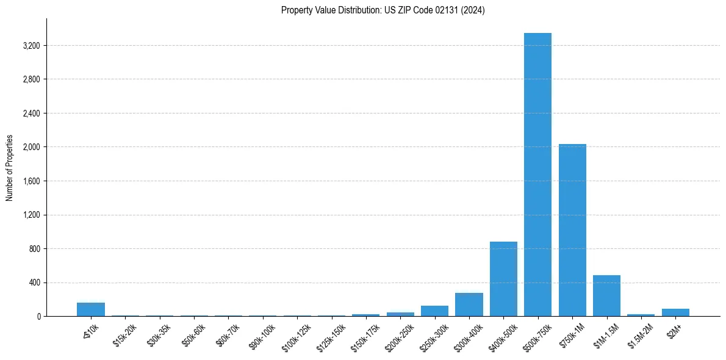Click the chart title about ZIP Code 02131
383,10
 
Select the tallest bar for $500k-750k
537,175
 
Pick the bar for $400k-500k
503,279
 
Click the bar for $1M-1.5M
606,296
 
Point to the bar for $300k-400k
469,304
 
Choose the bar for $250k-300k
434,311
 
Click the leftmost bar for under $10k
91,309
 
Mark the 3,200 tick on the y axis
32,46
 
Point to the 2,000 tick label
32,147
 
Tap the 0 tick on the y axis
39,317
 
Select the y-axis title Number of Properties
10,168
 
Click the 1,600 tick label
32,181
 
